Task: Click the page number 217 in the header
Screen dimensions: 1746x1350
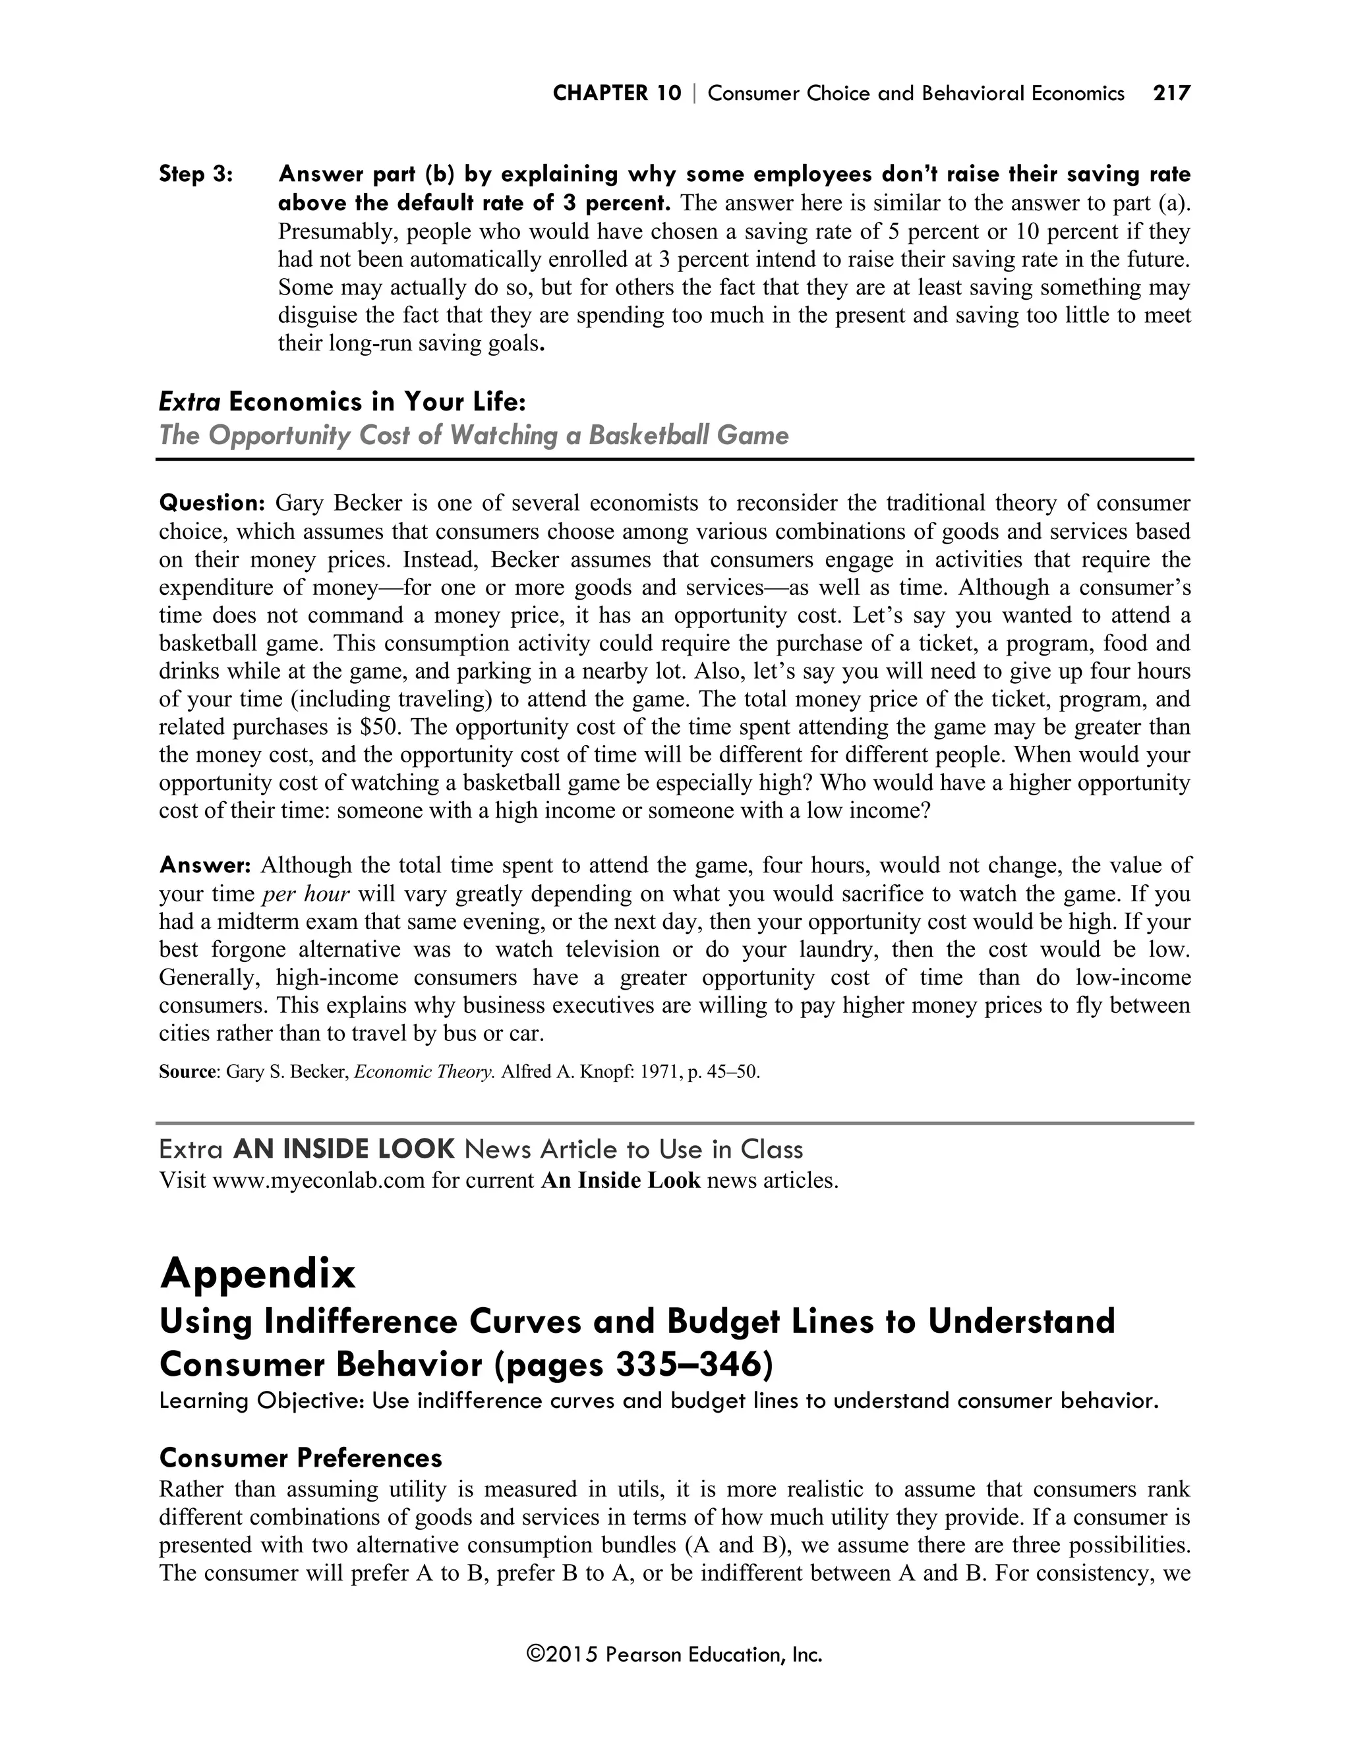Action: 1171,94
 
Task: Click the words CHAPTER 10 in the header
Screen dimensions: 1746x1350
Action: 616,94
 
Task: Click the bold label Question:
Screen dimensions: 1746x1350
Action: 212,503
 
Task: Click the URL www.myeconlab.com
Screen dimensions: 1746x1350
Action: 318,1181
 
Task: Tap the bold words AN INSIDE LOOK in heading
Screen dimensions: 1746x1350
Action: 344,1150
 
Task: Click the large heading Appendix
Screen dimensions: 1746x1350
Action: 258,1273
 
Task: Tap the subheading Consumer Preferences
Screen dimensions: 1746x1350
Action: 301,1458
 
